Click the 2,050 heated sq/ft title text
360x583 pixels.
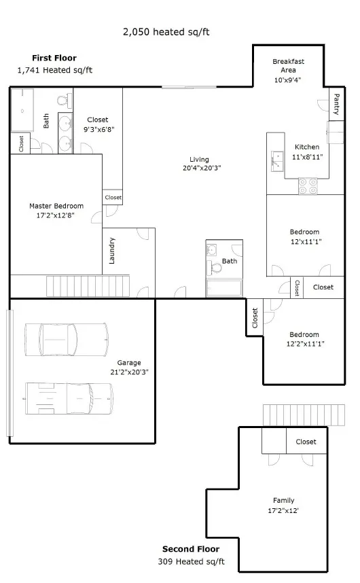166,32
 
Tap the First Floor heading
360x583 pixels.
54,58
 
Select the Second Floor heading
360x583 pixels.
191,549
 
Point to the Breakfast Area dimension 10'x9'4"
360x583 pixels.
287,80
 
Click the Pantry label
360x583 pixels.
337,104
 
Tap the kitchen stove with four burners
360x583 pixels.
308,186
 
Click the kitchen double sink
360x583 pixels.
277,161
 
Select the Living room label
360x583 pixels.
199,160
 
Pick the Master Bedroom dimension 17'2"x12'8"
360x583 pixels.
55,215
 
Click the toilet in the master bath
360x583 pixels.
64,100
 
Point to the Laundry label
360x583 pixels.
112,251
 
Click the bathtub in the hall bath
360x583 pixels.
224,288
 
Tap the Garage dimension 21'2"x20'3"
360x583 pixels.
129,372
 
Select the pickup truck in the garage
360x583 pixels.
69,399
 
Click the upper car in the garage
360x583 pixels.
67,340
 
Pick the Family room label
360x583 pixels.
283,501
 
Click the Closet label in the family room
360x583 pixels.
306,442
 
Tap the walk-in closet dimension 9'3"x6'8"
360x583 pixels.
98,129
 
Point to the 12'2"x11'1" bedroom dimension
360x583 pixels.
306,344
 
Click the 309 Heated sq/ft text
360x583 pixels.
192,561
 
